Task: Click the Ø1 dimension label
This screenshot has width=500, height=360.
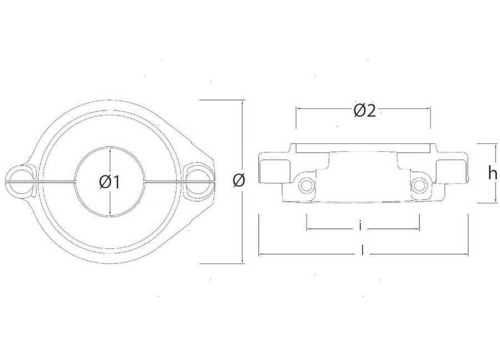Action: [109, 182]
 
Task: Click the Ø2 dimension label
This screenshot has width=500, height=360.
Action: [365, 111]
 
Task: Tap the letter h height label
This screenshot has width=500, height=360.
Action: [493, 173]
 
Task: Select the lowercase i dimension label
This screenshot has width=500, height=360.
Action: [360, 226]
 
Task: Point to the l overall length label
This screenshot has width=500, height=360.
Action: [363, 251]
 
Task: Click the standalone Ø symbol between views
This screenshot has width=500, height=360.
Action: [239, 181]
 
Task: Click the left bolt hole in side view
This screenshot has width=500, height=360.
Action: [306, 184]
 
